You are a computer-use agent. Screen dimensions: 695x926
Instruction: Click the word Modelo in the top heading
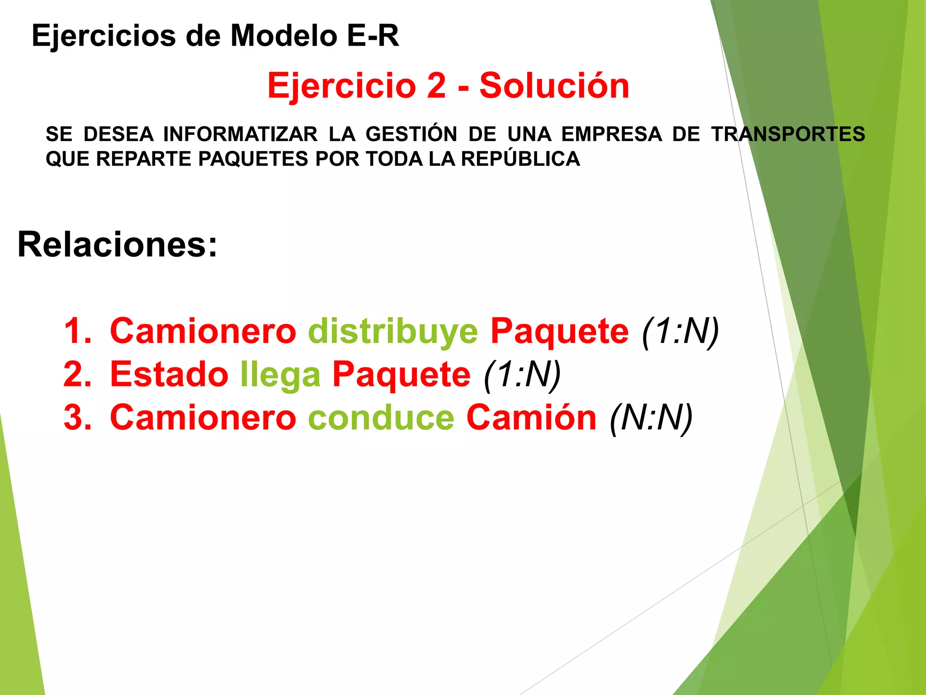point(284,36)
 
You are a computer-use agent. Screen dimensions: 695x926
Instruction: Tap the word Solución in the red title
point(554,86)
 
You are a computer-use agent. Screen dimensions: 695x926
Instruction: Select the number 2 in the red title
point(436,86)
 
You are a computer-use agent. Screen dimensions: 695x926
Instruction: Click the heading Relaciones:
point(118,245)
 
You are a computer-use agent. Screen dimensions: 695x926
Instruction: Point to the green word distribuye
point(393,332)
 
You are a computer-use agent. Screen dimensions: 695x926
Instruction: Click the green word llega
point(280,375)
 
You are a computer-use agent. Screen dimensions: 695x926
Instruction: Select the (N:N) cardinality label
point(652,418)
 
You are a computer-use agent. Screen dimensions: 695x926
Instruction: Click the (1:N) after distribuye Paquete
point(680,332)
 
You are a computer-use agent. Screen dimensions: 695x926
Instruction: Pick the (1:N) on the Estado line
point(522,375)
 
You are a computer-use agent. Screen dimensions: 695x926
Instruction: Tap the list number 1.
point(77,332)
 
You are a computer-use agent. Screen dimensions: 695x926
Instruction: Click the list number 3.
point(77,418)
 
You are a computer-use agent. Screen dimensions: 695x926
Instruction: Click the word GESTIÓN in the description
point(411,134)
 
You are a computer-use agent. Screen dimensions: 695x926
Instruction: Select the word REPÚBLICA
point(520,159)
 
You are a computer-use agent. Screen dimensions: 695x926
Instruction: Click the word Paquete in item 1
point(560,332)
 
